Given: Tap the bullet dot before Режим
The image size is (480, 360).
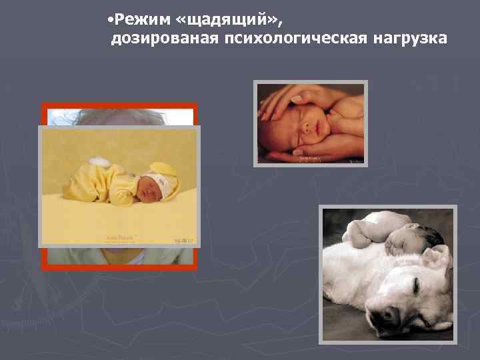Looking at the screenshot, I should [109, 18].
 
